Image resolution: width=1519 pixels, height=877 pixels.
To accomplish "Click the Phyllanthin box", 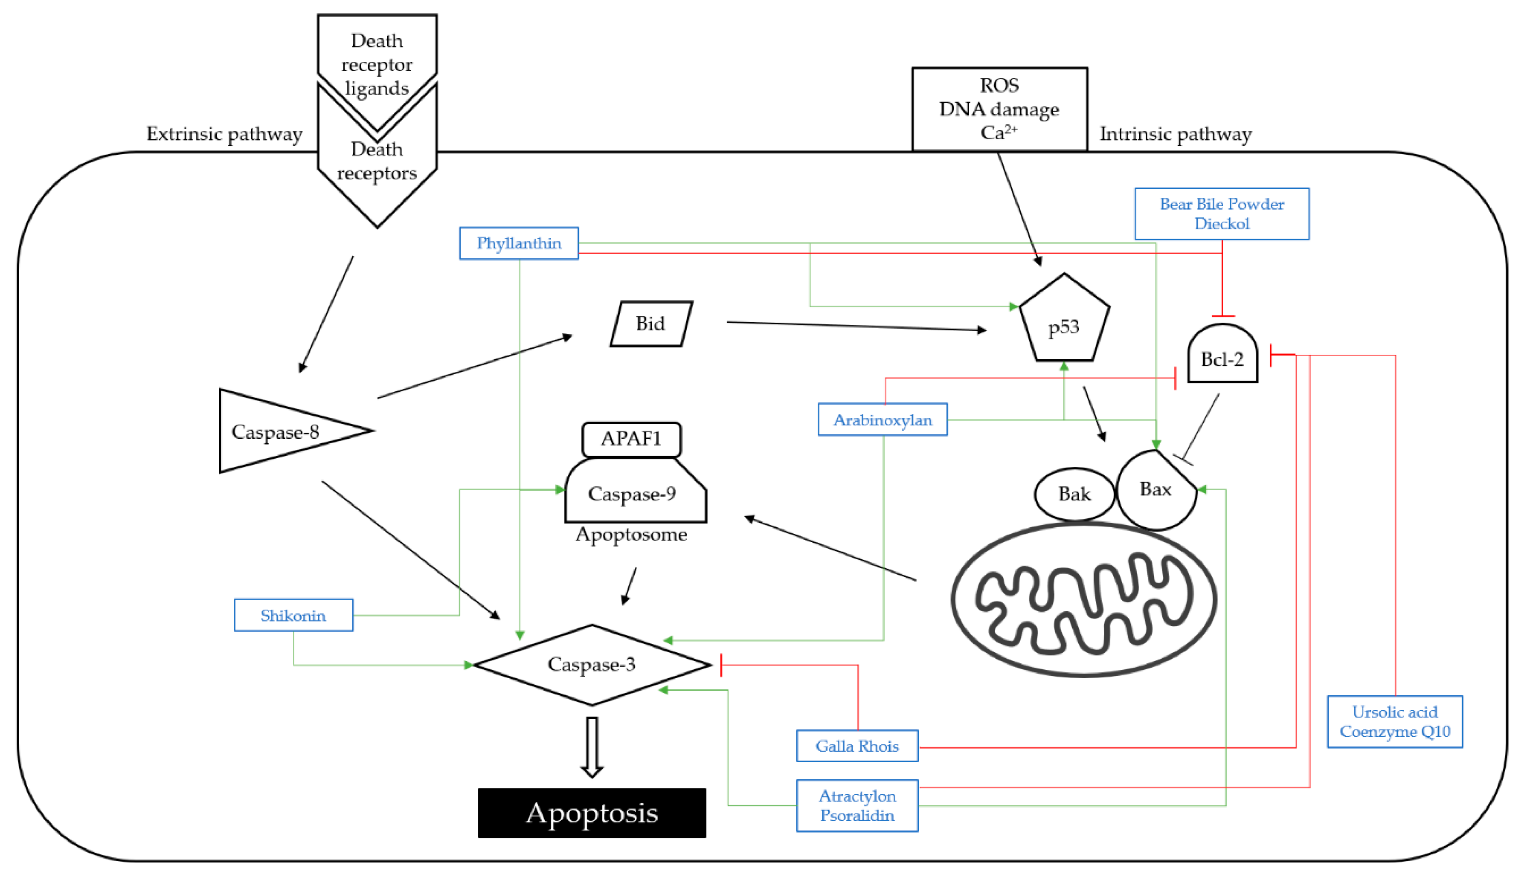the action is (519, 243).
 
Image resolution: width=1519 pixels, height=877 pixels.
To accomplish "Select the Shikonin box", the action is (293, 615).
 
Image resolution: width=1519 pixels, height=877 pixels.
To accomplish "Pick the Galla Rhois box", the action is (857, 746).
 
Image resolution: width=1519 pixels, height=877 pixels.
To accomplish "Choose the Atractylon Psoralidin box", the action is (857, 806).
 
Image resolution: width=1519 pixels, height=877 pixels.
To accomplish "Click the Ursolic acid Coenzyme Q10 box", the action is (1395, 721).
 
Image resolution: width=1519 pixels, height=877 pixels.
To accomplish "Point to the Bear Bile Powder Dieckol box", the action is (1222, 214).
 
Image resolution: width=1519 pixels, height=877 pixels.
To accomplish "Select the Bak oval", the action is (1074, 494).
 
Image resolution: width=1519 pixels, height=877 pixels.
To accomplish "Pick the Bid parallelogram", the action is (651, 324).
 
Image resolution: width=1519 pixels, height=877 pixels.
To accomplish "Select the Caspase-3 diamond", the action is (592, 665).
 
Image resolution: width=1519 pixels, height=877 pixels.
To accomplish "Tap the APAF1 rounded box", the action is (631, 439).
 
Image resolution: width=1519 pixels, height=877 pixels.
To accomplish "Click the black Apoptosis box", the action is (592, 813).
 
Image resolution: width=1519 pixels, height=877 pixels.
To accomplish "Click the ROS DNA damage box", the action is (1000, 109).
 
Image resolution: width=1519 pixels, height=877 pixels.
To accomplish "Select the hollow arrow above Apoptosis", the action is (592, 747).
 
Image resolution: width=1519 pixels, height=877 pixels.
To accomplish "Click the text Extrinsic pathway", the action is (224, 134).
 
